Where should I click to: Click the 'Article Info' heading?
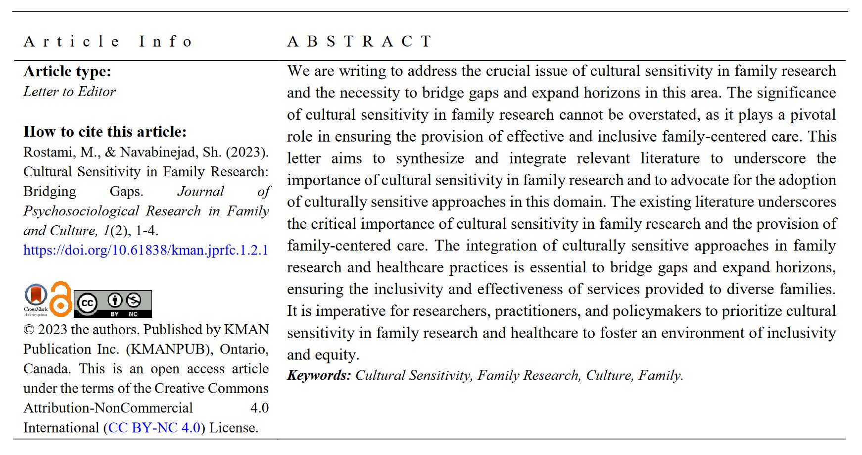[x=107, y=42]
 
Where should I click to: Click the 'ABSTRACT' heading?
[x=360, y=42]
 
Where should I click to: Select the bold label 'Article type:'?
[x=67, y=72]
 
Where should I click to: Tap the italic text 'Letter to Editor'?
[x=69, y=92]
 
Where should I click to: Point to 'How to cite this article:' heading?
[x=105, y=132]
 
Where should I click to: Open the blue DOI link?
[x=145, y=250]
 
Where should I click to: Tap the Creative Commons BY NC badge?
[x=113, y=303]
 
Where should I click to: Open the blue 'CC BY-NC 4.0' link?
[x=154, y=428]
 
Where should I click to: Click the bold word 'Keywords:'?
[x=319, y=375]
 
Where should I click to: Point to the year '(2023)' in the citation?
[x=247, y=152]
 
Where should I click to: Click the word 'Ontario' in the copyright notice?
[x=243, y=350]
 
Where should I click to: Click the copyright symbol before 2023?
[x=29, y=330]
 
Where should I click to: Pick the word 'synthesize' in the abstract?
[x=430, y=158]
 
